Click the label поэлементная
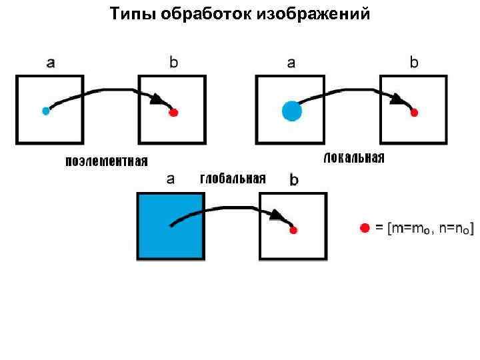click(x=107, y=162)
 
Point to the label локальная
click(x=354, y=158)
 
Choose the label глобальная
click(x=233, y=179)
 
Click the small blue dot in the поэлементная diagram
click(x=45, y=111)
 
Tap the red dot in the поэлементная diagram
click(x=174, y=113)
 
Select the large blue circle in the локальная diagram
click(x=292, y=111)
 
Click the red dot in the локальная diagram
click(x=414, y=113)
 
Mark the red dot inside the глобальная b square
click(x=294, y=230)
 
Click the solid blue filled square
click(x=169, y=226)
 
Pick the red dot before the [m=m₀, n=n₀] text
click(x=365, y=229)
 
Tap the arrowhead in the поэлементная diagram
click(x=155, y=99)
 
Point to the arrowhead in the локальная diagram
click(x=397, y=99)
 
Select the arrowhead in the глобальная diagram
click(x=276, y=215)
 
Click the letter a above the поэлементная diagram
click(x=51, y=64)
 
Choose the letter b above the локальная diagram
click(x=414, y=63)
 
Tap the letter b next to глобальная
click(x=295, y=180)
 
